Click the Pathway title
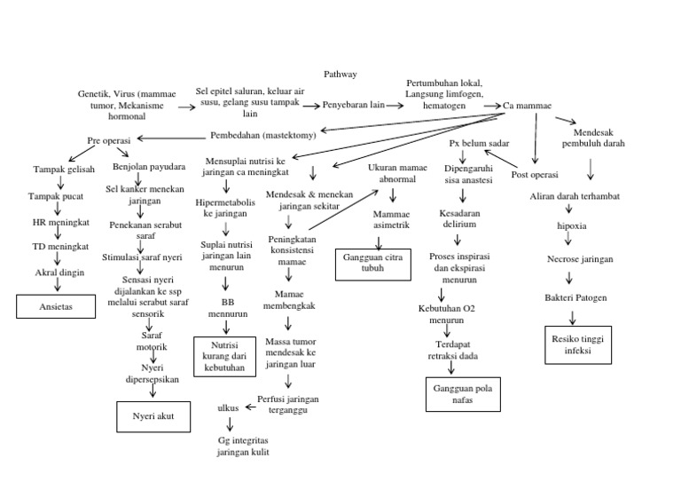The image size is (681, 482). tap(340, 75)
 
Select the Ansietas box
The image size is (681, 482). tap(55, 306)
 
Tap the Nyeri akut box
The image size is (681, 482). tap(153, 415)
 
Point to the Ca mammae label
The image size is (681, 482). tap(528, 106)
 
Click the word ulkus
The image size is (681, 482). tap(229, 407)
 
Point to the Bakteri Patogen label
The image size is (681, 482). tap(576, 297)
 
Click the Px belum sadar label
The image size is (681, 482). tap(479, 143)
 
